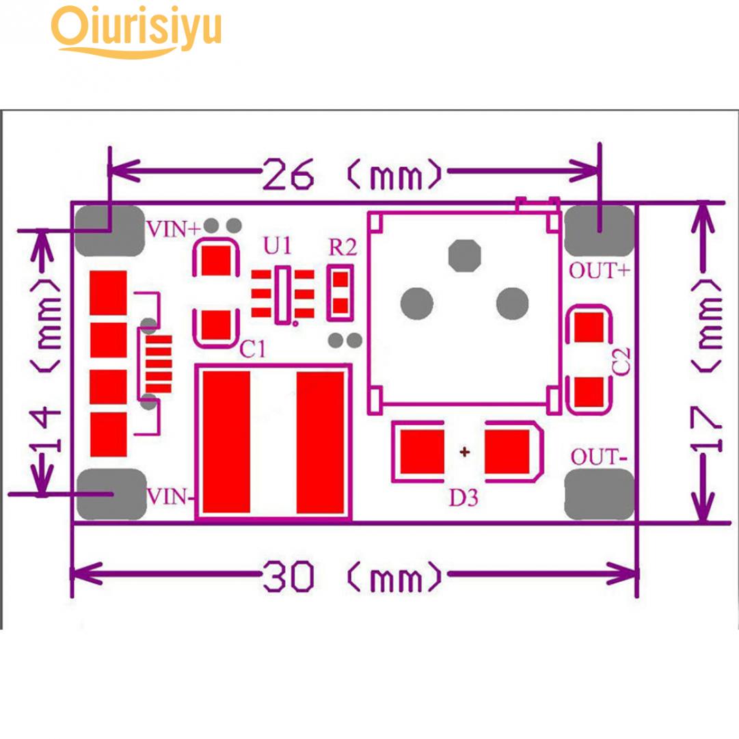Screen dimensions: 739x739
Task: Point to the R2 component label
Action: coord(341,247)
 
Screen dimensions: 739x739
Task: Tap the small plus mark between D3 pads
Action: coord(465,452)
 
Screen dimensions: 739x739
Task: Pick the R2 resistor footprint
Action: coord(341,292)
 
